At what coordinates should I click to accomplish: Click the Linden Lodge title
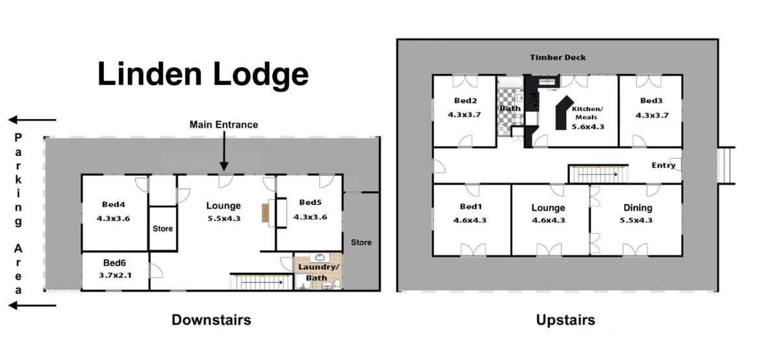pos(203,75)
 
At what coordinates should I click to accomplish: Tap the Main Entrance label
pos(224,125)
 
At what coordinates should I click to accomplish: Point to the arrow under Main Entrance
pos(224,151)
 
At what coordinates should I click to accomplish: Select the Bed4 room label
pos(114,205)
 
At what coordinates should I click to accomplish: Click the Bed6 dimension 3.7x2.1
pos(115,276)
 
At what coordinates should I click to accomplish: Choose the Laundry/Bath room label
pos(318,272)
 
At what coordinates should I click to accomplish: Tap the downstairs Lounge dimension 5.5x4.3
pos(224,218)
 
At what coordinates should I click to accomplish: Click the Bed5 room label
pos(310,202)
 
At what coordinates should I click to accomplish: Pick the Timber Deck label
pos(558,57)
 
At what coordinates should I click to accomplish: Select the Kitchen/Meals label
pos(588,113)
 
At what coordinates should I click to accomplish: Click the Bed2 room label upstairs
pos(465,101)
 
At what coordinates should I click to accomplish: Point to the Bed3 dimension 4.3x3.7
pos(652,115)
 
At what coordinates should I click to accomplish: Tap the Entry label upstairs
pos(664,165)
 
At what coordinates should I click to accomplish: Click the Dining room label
pos(638,208)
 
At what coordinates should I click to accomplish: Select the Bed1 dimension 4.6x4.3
pos(470,220)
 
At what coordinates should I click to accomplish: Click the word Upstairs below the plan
pos(565,320)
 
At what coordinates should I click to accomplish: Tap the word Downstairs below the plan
pos(211,320)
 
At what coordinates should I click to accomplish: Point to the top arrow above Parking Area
pos(32,120)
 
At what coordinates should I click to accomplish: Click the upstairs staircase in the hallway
pos(598,174)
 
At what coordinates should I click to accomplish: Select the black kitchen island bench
pos(564,113)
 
